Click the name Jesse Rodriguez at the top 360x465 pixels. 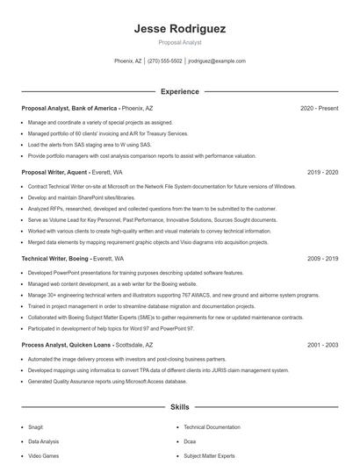point(180,28)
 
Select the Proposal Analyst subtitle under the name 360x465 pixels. point(180,42)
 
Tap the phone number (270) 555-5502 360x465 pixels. point(165,61)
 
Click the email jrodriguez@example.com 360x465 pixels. point(217,61)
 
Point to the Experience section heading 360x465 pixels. point(180,91)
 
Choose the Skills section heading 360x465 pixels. point(180,407)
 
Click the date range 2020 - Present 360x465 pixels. point(319,109)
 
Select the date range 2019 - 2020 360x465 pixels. point(322,173)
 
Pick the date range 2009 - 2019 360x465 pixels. point(322,260)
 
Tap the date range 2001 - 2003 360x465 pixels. point(322,346)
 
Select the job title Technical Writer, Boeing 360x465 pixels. point(55,260)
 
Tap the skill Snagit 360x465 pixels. point(36,426)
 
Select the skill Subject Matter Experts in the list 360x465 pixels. point(208,456)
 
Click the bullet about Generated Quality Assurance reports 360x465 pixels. point(119,381)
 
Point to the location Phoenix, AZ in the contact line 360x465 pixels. point(128,61)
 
